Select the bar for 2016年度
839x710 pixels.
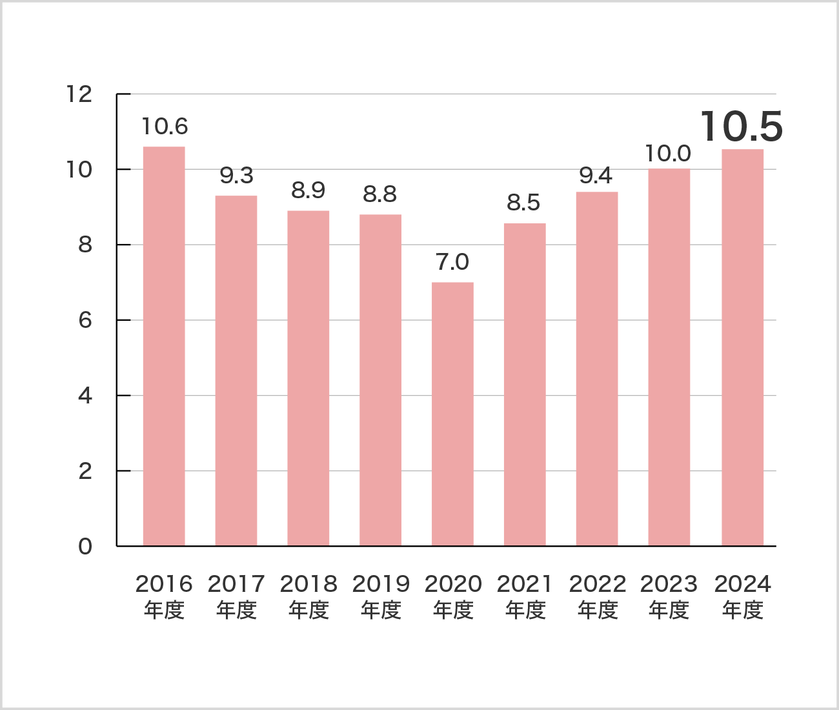point(164,346)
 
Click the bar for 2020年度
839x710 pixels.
point(452,414)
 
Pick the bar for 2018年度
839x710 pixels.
point(308,378)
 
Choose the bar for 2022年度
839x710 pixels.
point(597,369)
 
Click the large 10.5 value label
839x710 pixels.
point(742,127)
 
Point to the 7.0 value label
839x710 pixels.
point(452,262)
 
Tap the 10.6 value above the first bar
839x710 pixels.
point(165,127)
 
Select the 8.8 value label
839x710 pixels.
point(380,194)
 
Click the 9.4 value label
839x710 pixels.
point(596,176)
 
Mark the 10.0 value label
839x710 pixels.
point(668,154)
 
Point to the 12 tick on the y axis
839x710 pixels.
point(79,94)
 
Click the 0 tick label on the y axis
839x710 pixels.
point(85,547)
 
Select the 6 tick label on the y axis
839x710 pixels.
point(85,320)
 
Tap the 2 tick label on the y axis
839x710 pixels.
point(85,471)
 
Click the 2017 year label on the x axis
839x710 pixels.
point(236,584)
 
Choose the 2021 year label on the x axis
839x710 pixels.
point(525,584)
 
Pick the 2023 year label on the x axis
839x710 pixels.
point(669,584)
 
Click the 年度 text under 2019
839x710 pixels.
point(381,610)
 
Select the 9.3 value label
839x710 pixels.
point(236,176)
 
